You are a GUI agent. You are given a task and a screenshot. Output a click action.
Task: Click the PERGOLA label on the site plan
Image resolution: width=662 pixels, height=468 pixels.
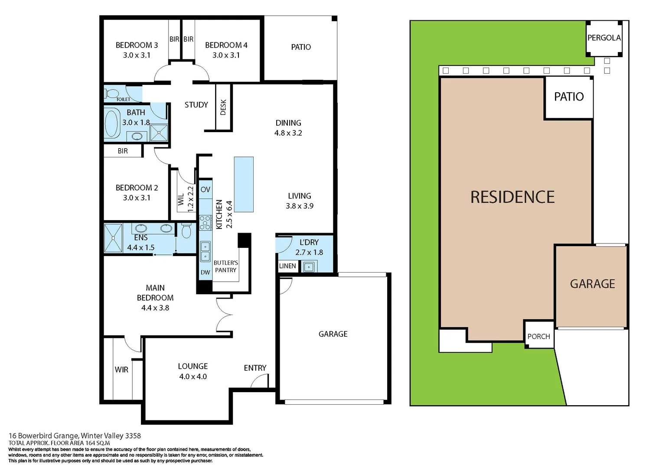pyautogui.click(x=603, y=38)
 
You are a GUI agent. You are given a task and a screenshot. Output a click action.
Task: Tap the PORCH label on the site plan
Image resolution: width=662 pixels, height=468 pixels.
pyautogui.click(x=538, y=336)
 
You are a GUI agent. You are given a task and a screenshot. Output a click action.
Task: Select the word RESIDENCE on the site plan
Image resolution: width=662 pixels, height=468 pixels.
pyautogui.click(x=512, y=197)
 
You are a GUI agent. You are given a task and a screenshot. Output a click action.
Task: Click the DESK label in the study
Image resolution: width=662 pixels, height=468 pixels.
pyautogui.click(x=223, y=107)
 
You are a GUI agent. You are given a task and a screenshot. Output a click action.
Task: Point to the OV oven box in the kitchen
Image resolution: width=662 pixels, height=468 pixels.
pyautogui.click(x=205, y=189)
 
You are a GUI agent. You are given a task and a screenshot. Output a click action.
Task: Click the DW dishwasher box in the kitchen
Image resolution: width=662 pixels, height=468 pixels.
pyautogui.click(x=205, y=272)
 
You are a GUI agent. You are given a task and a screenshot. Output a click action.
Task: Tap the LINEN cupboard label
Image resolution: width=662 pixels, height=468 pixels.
pyautogui.click(x=287, y=266)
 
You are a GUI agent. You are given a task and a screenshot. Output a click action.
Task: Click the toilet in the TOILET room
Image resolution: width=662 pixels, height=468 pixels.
pyautogui.click(x=112, y=93)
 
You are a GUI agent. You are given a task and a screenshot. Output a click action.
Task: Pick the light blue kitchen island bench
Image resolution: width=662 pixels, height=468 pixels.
pyautogui.click(x=244, y=184)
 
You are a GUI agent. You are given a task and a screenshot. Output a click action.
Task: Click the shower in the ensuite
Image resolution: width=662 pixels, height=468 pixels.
pyautogui.click(x=113, y=238)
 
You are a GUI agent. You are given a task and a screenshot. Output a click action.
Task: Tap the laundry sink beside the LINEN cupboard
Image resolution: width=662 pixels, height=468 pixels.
pyautogui.click(x=309, y=267)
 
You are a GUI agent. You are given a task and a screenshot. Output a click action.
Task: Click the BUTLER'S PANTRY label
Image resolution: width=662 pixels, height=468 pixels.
pyautogui.click(x=225, y=266)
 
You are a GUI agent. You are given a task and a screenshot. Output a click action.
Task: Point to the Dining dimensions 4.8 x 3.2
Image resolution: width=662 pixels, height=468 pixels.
pyautogui.click(x=288, y=133)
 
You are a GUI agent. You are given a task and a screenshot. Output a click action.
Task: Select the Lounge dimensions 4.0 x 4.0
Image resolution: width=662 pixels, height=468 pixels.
pyautogui.click(x=193, y=377)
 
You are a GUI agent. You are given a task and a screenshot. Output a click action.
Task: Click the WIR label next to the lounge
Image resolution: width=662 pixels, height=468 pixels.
pyautogui.click(x=121, y=370)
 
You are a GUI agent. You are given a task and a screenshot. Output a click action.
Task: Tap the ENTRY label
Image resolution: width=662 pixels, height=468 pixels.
pyautogui.click(x=255, y=368)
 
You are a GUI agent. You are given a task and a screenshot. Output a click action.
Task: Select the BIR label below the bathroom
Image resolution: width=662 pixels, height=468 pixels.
pyautogui.click(x=123, y=151)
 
